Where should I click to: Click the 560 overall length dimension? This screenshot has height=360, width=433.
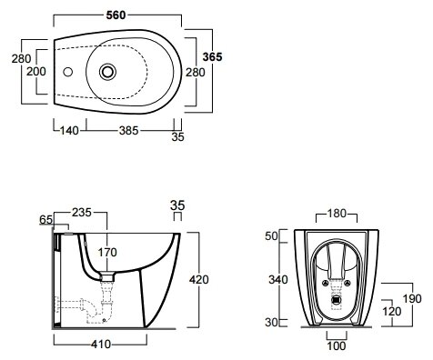(x=116, y=15)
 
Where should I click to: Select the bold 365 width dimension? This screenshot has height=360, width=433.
(x=212, y=56)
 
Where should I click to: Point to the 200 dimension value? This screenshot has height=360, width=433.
(x=36, y=72)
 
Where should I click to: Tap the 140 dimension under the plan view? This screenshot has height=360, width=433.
(x=69, y=131)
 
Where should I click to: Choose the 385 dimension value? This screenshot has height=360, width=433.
(x=128, y=131)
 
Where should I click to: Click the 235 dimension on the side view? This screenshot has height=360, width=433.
(x=82, y=213)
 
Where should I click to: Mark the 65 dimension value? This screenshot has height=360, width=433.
(x=46, y=220)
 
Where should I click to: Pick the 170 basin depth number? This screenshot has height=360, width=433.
(x=107, y=252)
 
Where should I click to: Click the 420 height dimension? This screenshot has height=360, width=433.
(x=199, y=279)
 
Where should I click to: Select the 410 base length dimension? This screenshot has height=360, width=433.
(x=101, y=344)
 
